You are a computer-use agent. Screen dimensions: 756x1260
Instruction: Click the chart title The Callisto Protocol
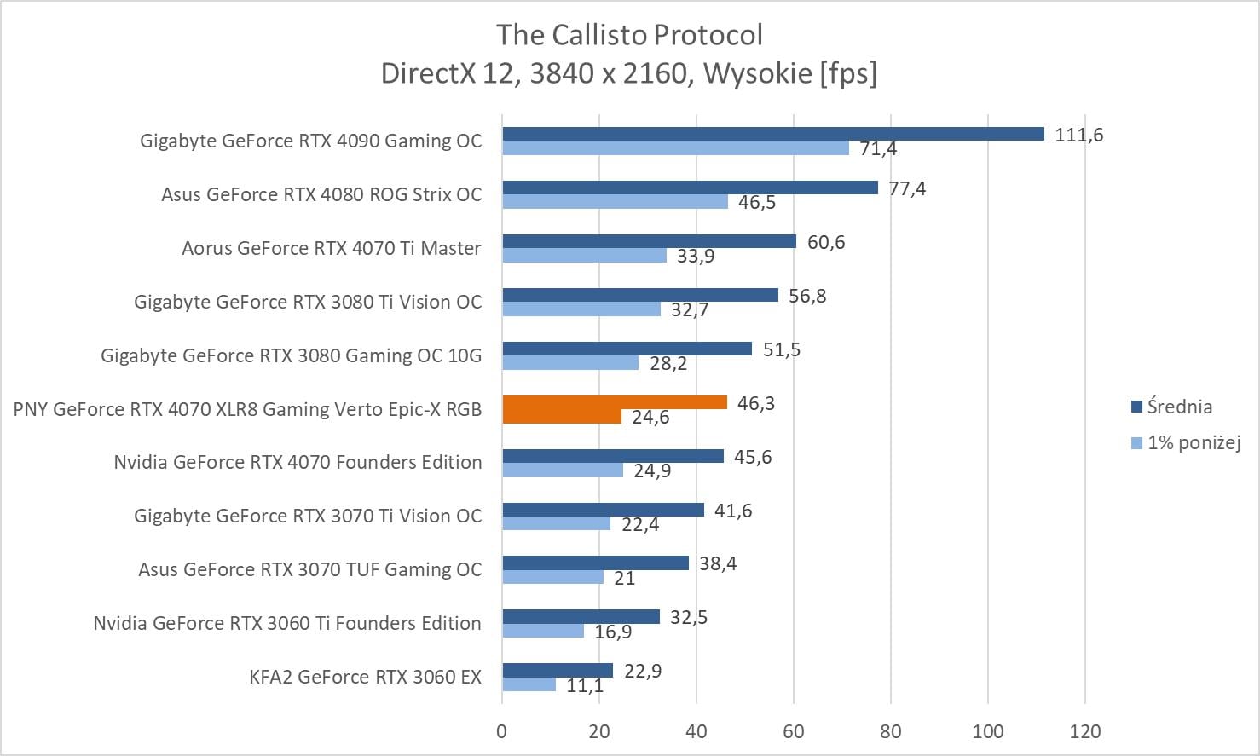629,35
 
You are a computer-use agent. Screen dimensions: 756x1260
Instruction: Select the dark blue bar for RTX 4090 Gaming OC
772,134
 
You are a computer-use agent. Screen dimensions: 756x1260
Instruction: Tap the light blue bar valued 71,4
675,148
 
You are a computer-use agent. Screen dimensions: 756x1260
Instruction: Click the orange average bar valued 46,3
614,402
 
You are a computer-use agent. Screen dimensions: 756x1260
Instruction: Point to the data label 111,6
1078,135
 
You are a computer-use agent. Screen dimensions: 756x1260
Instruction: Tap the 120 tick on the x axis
1084,731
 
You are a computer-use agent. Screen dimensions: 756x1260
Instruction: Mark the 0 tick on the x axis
502,731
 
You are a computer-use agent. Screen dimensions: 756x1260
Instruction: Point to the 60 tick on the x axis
794,731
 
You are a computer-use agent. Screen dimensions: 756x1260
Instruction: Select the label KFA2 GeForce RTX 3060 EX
365,677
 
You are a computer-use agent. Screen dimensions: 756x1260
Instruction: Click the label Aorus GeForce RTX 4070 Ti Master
331,248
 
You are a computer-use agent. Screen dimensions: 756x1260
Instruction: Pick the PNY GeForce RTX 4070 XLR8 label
247,409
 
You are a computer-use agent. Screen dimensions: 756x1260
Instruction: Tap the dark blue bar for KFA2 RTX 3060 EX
558,670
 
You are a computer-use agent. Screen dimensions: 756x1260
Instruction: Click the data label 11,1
585,685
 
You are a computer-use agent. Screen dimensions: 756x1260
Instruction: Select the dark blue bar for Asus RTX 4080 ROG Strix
690,188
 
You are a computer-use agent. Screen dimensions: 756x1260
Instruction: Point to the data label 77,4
907,188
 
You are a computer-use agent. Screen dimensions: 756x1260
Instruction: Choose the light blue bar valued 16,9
543,631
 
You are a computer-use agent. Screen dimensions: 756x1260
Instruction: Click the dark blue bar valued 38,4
595,563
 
